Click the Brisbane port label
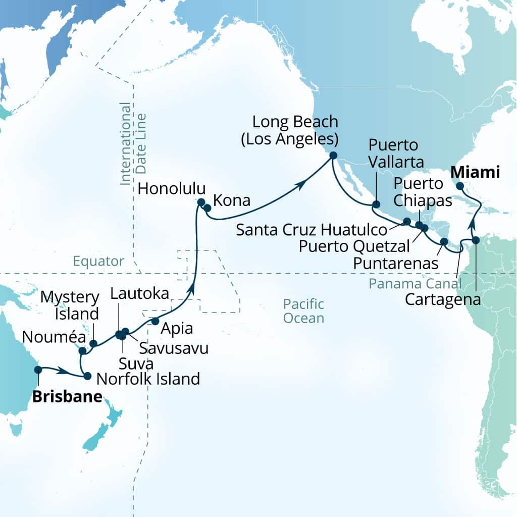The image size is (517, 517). point(68,397)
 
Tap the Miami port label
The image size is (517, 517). point(475,172)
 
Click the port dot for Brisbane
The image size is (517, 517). point(38,370)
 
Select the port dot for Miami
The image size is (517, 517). point(460,186)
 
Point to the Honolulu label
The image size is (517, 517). point(172,189)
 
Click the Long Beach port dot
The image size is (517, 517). point(333,156)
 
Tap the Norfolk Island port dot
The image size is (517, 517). point(87,376)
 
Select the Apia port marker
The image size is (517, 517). point(155,321)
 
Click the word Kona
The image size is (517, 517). point(232,200)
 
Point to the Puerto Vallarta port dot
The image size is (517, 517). point(376,204)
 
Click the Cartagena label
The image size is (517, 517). point(443,300)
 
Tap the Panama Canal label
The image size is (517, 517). point(415,283)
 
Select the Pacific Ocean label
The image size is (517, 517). point(303,311)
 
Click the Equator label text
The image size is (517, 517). point(98,261)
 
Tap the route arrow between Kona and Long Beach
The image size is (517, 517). point(302,186)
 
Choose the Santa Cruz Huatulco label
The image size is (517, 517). point(312,230)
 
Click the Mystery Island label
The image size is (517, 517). point(69,305)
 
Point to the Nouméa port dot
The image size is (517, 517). point(82,350)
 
